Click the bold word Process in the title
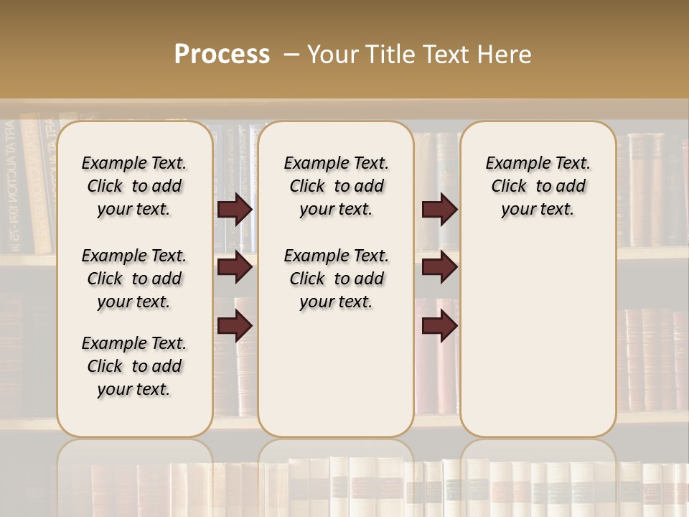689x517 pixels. click(x=222, y=55)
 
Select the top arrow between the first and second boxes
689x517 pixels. click(x=235, y=210)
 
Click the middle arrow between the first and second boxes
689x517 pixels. click(x=235, y=267)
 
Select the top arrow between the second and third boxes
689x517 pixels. click(x=439, y=210)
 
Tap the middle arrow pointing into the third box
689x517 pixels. click(x=439, y=267)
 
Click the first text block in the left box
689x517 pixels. click(x=134, y=186)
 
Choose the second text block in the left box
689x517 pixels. click(x=134, y=279)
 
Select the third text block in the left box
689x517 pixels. click(x=134, y=366)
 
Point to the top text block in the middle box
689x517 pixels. click(x=336, y=186)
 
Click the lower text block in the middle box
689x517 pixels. click(x=336, y=279)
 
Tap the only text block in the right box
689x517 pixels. click(x=538, y=186)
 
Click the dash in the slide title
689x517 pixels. click(x=291, y=55)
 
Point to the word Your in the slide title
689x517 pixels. click(x=335, y=55)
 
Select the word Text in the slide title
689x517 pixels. click(x=444, y=55)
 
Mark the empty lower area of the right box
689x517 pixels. click(x=538, y=337)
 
